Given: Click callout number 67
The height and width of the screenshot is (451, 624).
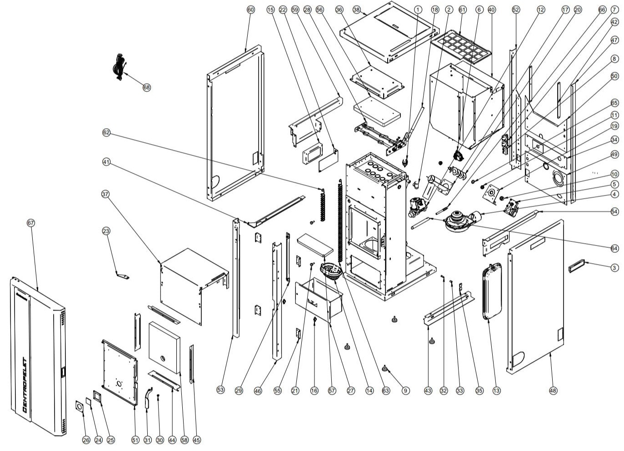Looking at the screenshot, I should [31, 223].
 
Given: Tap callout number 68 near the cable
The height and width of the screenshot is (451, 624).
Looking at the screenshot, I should [146, 87].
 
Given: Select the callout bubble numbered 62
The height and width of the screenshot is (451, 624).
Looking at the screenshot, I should [106, 132].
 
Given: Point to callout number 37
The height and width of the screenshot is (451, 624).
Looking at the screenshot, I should [105, 194].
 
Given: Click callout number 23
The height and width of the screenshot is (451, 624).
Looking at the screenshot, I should [105, 231].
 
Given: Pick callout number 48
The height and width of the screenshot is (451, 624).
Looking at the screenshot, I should [553, 390].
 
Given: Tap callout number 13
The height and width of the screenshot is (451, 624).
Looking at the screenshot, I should [496, 390].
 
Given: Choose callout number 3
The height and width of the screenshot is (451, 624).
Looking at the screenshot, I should [614, 268].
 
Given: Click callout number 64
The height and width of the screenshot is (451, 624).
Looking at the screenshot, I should [614, 248].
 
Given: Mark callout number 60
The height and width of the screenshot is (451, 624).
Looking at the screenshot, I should [251, 10].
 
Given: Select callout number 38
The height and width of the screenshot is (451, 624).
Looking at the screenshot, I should [356, 10].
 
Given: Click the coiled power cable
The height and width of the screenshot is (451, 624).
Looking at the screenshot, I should [119, 67].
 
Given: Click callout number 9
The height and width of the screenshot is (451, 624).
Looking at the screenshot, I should [405, 390].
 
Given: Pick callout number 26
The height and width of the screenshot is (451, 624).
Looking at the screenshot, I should [86, 440].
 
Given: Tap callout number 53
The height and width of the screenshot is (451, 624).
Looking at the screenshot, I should [220, 390].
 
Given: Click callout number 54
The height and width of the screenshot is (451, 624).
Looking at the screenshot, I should [614, 212].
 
